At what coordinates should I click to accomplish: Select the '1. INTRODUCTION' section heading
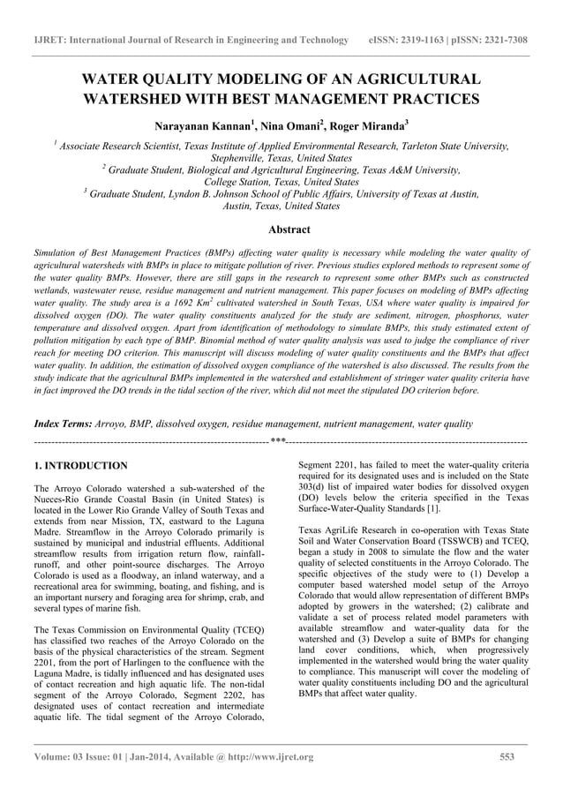(x=79, y=465)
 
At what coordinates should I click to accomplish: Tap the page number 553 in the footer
(x=507, y=757)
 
